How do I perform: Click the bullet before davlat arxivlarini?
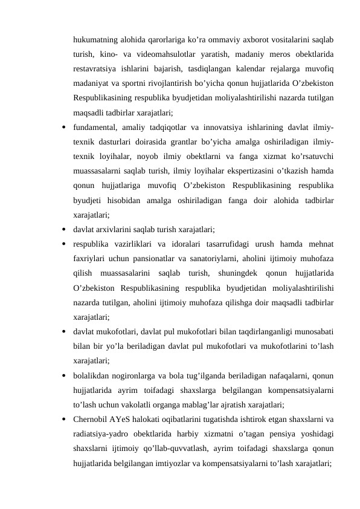[x=63, y=230]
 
